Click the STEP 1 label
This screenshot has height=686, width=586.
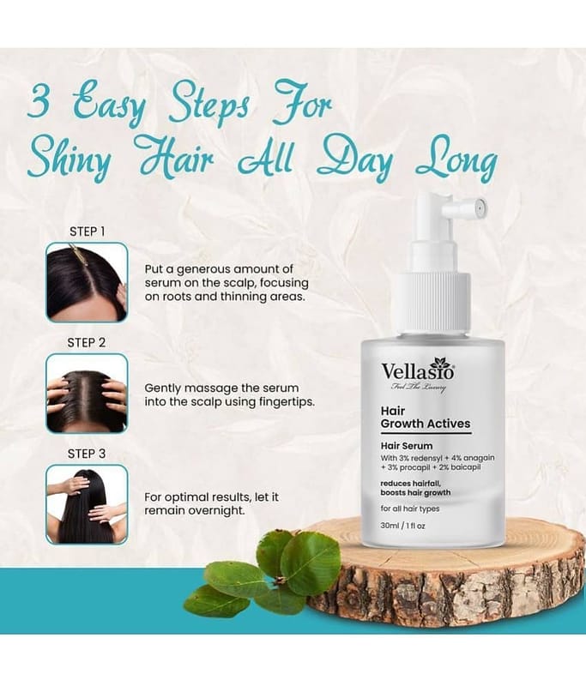[88, 232]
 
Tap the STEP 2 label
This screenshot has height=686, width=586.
[87, 342]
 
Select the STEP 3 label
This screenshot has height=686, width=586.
[87, 454]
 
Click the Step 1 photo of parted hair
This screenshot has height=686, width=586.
[88, 283]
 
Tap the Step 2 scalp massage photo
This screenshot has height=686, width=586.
[88, 394]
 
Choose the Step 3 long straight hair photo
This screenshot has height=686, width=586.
[88, 504]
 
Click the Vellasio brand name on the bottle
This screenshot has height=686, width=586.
[418, 370]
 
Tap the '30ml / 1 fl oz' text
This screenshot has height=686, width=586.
[402, 526]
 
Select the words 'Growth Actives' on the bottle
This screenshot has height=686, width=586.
[426, 424]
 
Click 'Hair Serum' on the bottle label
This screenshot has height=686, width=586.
[407, 446]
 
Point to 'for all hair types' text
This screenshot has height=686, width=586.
[410, 508]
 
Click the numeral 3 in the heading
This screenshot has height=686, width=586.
[39, 102]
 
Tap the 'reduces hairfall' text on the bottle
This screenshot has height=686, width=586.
[410, 483]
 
